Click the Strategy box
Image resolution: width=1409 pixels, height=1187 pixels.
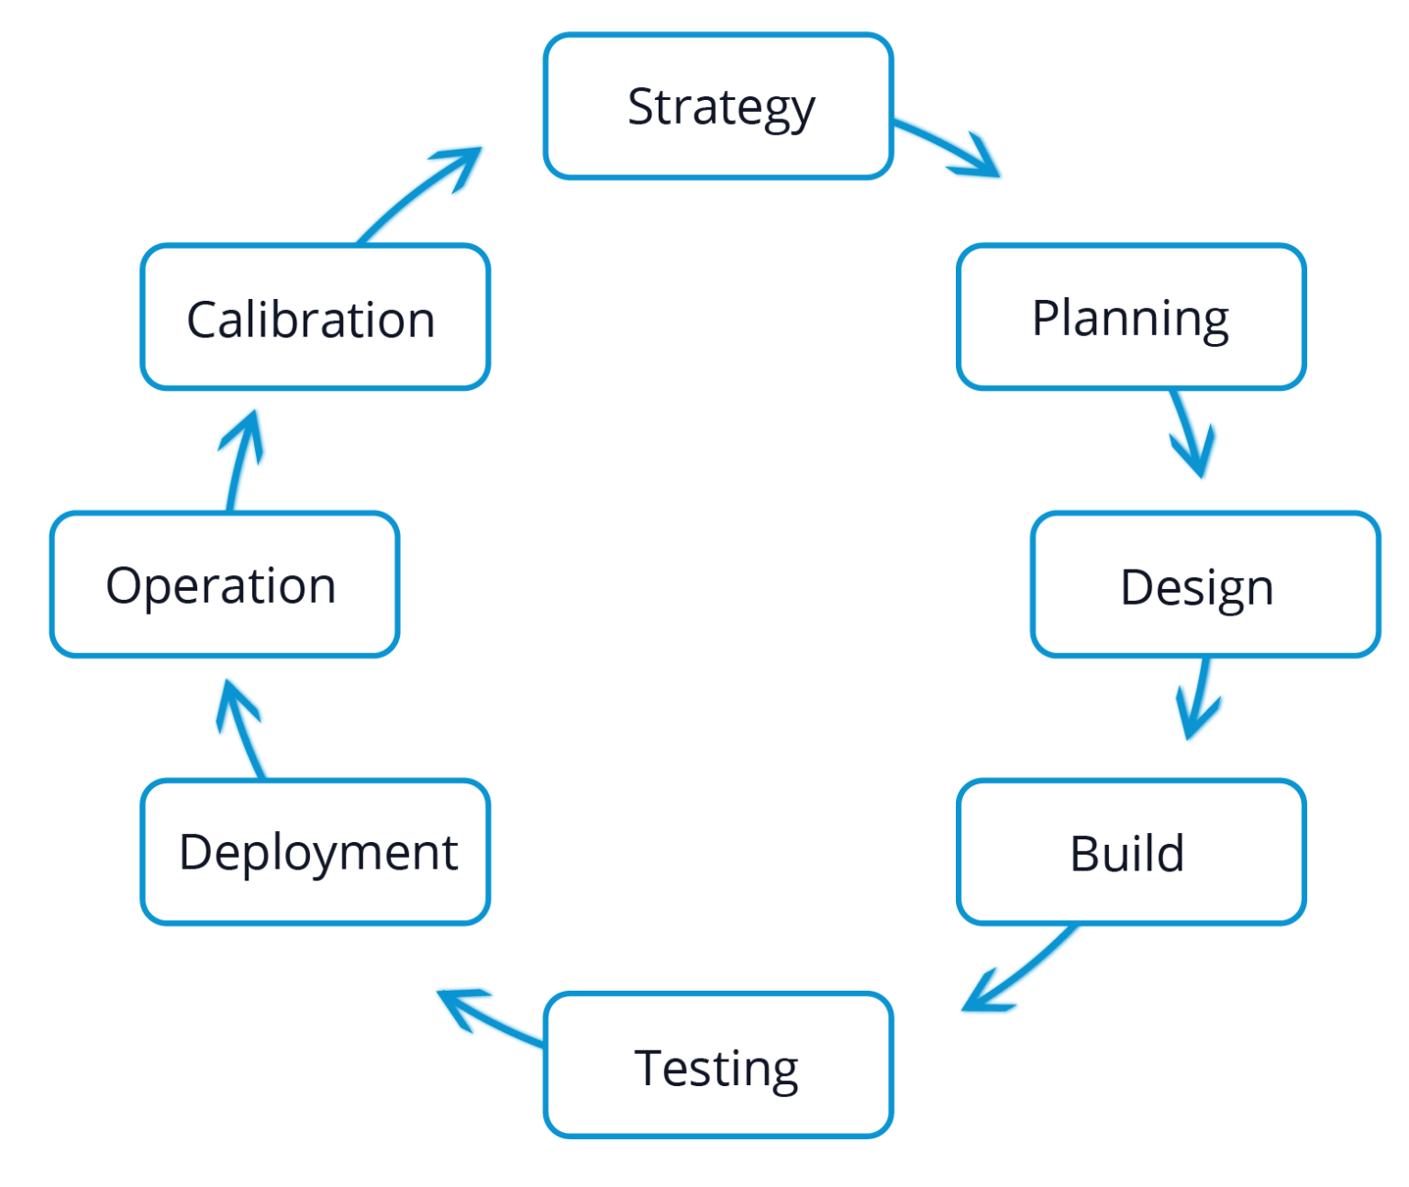click(718, 106)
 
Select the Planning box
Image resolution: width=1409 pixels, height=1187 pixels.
click(1131, 317)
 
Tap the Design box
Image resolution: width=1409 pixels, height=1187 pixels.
click(1205, 585)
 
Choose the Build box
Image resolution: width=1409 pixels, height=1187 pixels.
click(1131, 852)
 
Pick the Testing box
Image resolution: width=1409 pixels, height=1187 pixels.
click(718, 1065)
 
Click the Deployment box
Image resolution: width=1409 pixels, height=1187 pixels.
click(316, 852)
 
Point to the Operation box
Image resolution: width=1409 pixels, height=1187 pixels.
click(225, 585)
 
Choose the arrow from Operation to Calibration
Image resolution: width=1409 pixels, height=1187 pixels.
click(240, 459)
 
